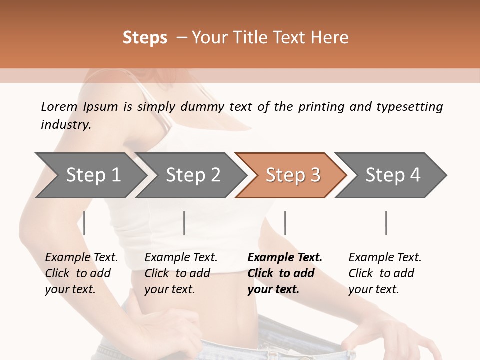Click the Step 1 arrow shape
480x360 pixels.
93,175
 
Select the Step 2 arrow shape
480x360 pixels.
193,175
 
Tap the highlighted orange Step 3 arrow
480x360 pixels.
293,175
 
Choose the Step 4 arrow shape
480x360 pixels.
393,175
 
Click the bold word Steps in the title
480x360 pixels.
145,38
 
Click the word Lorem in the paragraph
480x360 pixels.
59,106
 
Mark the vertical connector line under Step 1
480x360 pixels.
84,223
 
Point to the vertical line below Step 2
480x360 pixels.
184,223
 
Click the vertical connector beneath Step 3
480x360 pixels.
285,223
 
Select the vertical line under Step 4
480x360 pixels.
386,223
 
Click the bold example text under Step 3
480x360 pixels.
285,273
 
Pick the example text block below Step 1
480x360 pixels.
81,273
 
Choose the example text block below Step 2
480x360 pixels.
181,273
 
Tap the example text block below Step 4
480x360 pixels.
385,273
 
